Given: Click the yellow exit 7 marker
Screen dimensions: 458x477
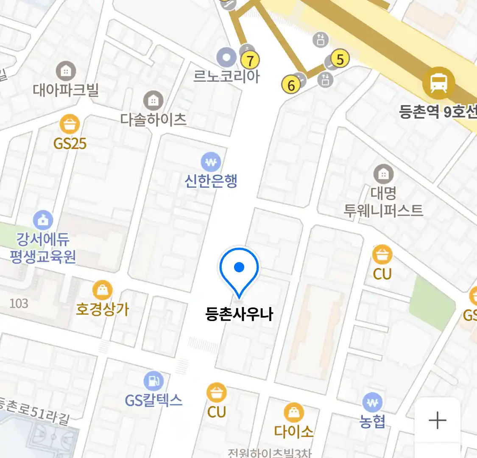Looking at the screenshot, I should pyautogui.click(x=250, y=61).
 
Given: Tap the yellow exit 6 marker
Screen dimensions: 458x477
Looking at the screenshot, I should pyautogui.click(x=291, y=85).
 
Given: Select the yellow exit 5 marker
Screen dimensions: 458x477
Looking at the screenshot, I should pyautogui.click(x=340, y=59).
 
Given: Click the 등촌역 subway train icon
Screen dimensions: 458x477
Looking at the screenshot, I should pyautogui.click(x=438, y=83).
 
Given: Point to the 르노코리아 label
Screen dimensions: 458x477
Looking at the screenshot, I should pyautogui.click(x=226, y=76).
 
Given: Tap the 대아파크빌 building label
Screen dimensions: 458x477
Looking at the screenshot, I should pyautogui.click(x=66, y=89).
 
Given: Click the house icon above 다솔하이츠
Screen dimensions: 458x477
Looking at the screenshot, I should pyautogui.click(x=153, y=101).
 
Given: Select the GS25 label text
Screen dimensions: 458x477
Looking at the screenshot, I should pyautogui.click(x=70, y=144).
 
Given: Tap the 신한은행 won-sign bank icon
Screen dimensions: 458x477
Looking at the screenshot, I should pyautogui.click(x=211, y=162).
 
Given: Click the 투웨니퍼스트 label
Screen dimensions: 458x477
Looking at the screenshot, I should pyautogui.click(x=383, y=210).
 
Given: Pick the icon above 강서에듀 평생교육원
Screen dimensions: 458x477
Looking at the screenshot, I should pyautogui.click(x=43, y=220).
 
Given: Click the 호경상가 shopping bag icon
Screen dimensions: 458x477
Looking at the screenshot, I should pyautogui.click(x=102, y=290).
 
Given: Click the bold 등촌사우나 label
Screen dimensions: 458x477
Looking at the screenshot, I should pyautogui.click(x=239, y=314).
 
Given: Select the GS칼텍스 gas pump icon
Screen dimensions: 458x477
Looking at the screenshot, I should pyautogui.click(x=153, y=381).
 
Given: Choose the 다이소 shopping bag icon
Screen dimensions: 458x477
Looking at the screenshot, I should pyautogui.click(x=293, y=412).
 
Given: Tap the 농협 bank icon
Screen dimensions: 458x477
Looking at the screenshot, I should pyautogui.click(x=372, y=402).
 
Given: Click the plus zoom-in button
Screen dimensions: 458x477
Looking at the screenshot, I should pyautogui.click(x=437, y=420).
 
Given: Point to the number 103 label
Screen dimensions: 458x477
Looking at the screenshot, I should pyautogui.click(x=19, y=304).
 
